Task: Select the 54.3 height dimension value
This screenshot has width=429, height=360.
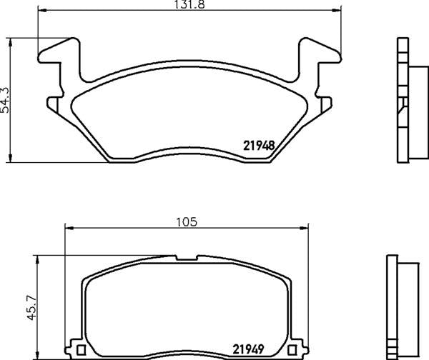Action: click(6, 99)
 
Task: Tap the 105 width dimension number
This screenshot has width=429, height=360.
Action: click(187, 221)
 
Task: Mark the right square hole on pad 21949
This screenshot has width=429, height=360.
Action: click(295, 349)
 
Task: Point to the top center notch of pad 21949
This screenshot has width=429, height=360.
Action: click(187, 255)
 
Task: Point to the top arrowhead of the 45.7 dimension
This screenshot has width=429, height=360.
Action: click(34, 258)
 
